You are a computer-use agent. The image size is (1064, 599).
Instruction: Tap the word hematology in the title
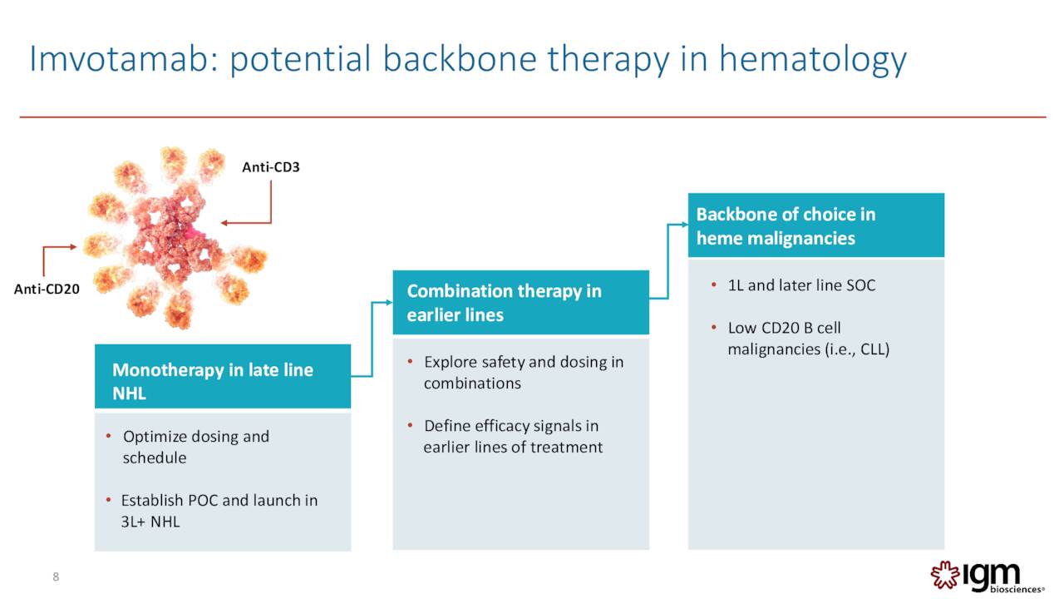[812, 60]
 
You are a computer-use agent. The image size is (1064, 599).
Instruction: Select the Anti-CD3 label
[270, 167]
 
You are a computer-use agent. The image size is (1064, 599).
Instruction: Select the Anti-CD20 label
[47, 290]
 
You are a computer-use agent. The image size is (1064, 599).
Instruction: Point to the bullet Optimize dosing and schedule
[195, 447]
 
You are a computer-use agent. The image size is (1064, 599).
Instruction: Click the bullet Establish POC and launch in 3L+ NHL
[219, 511]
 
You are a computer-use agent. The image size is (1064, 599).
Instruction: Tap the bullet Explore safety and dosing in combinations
[523, 372]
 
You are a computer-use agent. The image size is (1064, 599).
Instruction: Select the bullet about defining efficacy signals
[512, 436]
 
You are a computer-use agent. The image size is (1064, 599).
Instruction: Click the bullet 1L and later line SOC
[800, 285]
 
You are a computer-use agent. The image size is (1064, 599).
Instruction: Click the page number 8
[56, 577]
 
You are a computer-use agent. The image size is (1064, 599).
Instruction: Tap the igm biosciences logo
[986, 576]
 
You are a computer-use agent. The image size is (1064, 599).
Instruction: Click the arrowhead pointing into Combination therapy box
[387, 303]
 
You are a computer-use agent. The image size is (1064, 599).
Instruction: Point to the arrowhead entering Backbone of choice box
[683, 224]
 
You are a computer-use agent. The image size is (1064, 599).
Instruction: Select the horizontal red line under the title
[532, 117]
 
